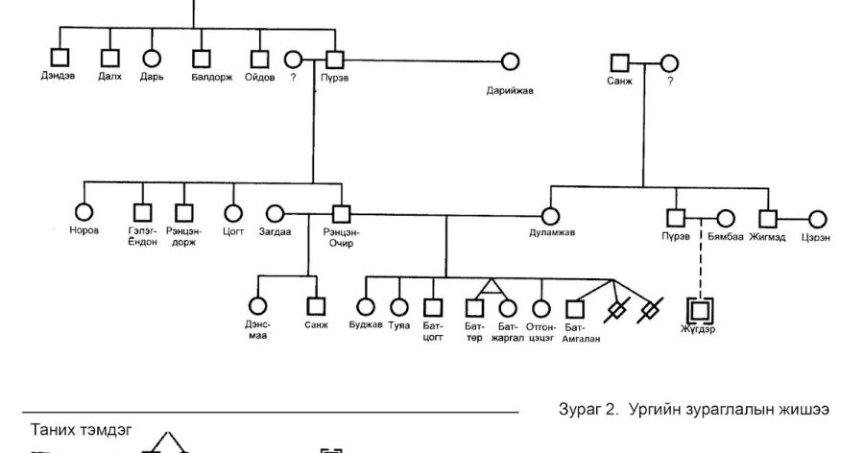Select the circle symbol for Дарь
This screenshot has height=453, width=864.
click(151, 60)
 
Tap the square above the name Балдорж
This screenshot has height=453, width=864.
click(201, 60)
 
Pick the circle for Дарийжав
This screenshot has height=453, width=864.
click(510, 61)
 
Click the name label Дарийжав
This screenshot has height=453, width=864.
click(509, 91)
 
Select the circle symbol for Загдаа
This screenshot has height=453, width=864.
click(275, 213)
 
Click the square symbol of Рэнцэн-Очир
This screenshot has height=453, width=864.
click(340, 213)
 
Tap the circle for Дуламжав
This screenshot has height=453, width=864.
click(550, 216)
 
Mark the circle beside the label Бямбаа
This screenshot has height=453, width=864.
click(726, 219)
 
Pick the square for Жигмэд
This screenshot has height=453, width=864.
click(768, 219)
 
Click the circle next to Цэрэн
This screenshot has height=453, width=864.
click(817, 219)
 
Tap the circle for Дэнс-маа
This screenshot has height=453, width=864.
click(257, 307)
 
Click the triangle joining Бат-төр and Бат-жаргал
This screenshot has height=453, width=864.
click(491, 286)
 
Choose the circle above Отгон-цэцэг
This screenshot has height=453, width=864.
click(541, 308)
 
